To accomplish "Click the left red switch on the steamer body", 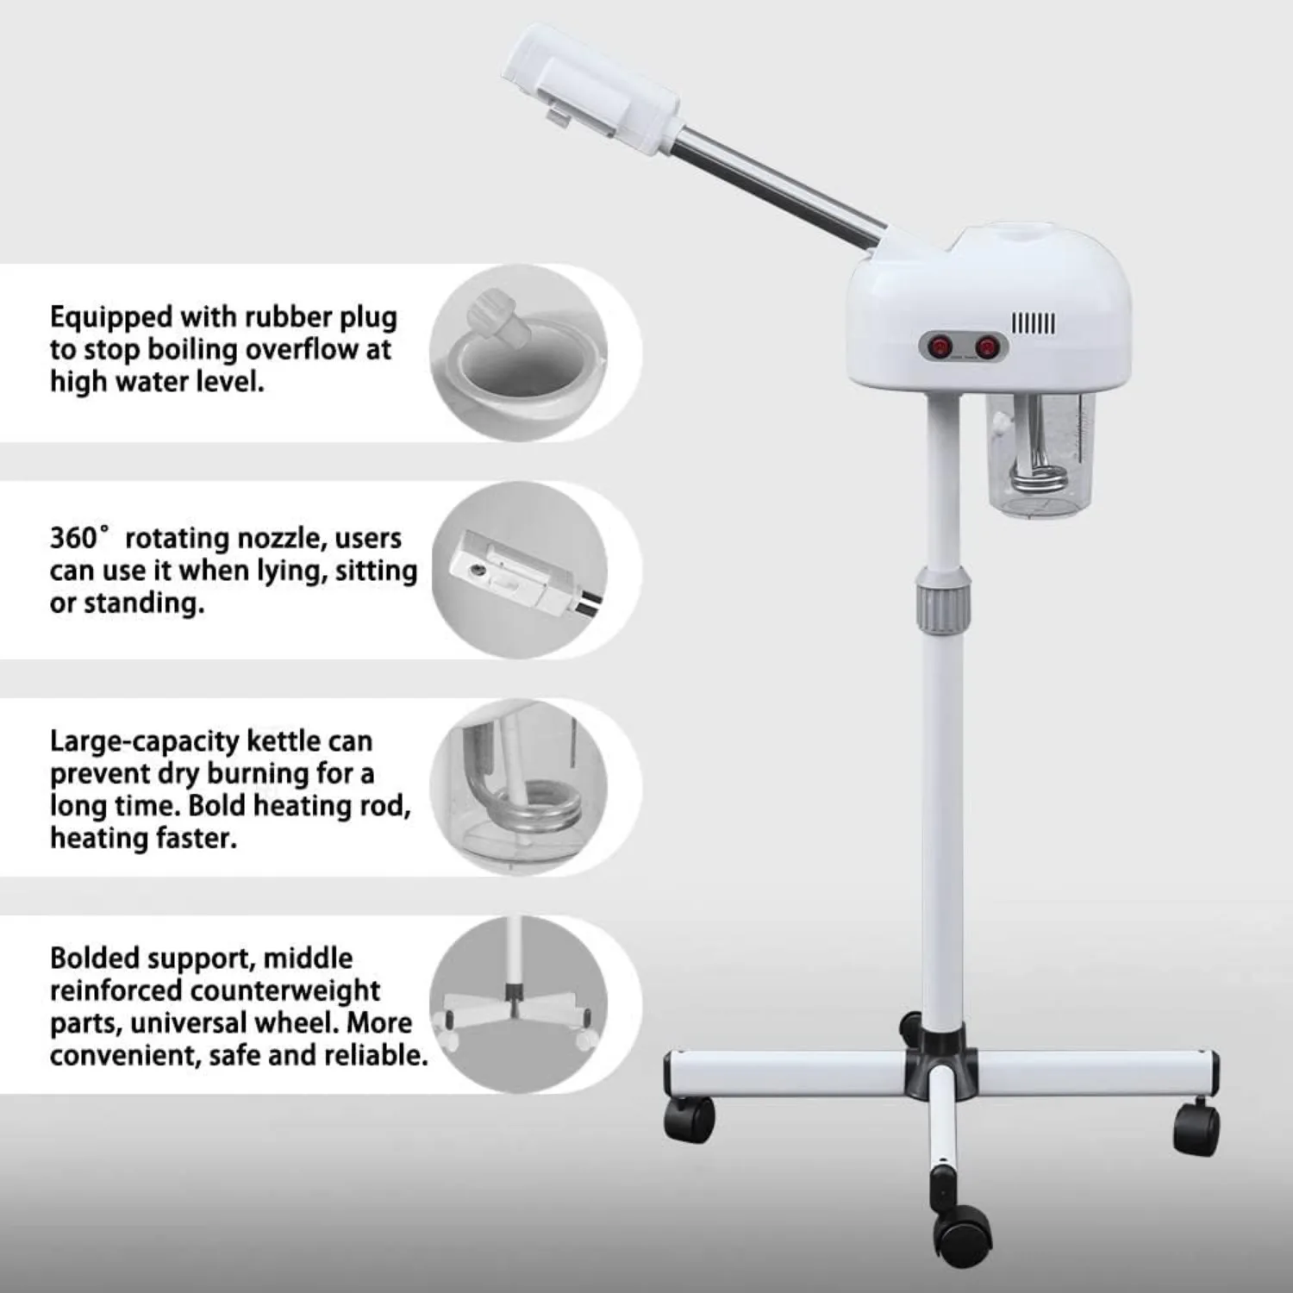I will click(x=937, y=347).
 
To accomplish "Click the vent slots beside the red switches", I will click(x=1034, y=324).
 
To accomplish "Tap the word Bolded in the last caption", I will click(x=95, y=958).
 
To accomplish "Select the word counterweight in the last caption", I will click(x=285, y=990).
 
